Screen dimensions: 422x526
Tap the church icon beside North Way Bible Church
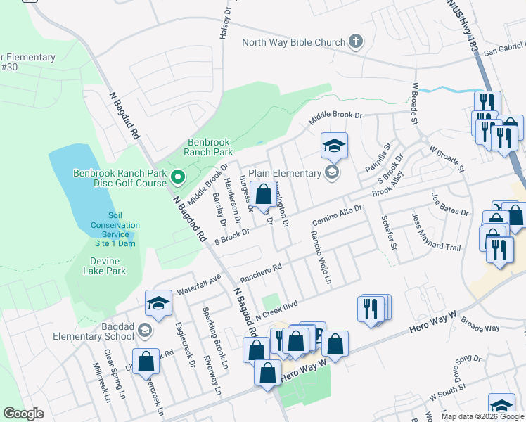[x=357, y=41]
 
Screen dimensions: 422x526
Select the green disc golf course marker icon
[x=178, y=179]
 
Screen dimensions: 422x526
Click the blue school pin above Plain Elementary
[x=334, y=146]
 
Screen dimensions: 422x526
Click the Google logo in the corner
[x=23, y=413]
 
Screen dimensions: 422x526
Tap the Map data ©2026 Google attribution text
[x=482, y=416]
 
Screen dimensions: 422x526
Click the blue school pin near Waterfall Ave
[x=158, y=304]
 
